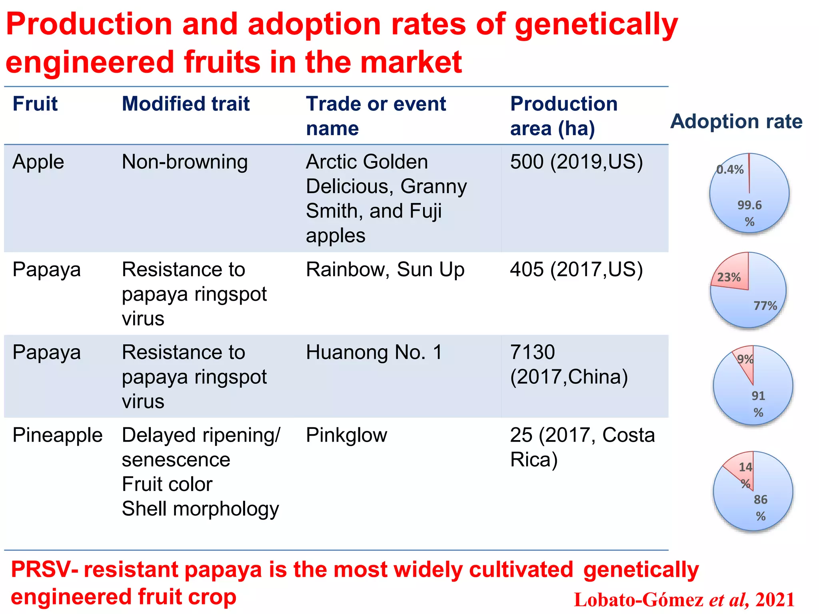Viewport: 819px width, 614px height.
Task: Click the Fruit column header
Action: (x=35, y=104)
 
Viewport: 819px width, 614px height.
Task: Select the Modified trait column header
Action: (x=186, y=104)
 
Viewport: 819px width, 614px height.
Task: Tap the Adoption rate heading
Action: (x=736, y=121)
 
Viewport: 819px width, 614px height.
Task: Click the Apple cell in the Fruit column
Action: (x=38, y=162)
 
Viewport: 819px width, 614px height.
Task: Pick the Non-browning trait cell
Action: (x=185, y=162)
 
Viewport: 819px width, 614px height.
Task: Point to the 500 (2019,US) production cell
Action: (x=576, y=162)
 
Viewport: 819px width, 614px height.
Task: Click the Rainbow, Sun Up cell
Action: (x=385, y=269)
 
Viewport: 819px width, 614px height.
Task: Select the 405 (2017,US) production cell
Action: (x=576, y=269)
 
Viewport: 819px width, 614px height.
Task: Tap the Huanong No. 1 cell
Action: (x=374, y=352)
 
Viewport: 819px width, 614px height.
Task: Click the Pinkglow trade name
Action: (x=346, y=435)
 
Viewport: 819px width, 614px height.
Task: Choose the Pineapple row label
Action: (x=57, y=435)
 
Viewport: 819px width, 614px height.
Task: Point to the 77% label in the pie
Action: (x=765, y=306)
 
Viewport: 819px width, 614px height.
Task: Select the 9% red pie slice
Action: (x=746, y=362)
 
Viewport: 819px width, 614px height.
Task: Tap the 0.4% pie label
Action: (x=730, y=169)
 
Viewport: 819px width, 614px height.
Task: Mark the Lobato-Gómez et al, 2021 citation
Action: (x=684, y=600)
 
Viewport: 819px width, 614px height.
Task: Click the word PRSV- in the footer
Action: (x=44, y=569)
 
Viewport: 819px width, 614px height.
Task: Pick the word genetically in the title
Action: (x=596, y=25)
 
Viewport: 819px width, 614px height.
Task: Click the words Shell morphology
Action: (x=200, y=509)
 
